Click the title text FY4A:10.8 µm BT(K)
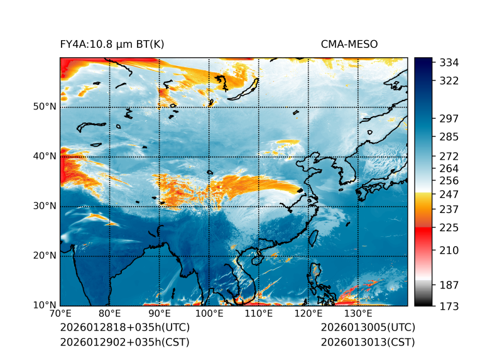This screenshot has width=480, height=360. (x=112, y=44)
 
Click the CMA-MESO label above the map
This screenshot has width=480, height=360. (x=349, y=44)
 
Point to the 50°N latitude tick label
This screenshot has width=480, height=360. (x=45, y=107)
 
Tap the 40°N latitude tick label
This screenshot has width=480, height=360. (x=45, y=156)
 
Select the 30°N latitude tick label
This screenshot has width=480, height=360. (x=45, y=206)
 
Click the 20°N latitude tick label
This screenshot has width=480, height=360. (x=45, y=256)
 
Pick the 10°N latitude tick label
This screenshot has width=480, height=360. (x=45, y=305)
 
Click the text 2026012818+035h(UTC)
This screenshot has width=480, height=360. (x=124, y=328)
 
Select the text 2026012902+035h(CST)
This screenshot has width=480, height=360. (x=124, y=342)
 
